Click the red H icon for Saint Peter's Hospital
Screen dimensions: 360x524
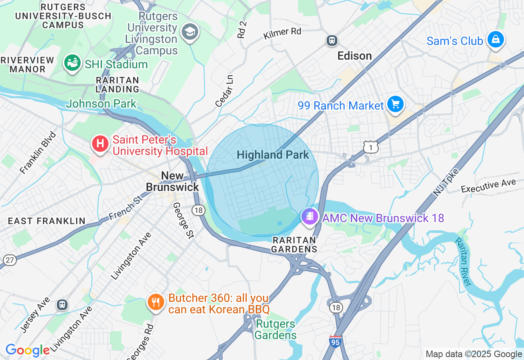[100, 144]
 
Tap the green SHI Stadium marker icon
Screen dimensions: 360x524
[72, 63]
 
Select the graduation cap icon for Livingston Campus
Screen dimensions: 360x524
[190, 32]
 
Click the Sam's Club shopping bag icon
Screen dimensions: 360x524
[495, 40]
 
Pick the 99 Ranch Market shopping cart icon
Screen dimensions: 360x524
[395, 104]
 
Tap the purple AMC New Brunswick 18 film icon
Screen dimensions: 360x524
[310, 216]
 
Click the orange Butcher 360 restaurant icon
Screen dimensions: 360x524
[156, 302]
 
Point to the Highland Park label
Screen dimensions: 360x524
[273, 155]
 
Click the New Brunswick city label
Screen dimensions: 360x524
[172, 181]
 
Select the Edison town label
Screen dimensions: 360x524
[355, 56]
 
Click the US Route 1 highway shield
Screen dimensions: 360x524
[370, 147]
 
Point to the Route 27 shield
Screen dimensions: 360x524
[9, 260]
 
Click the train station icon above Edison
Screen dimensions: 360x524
[331, 40]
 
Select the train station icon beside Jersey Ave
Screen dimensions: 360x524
[62, 304]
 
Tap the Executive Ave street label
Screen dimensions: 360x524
[488, 186]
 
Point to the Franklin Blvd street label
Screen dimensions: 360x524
[38, 153]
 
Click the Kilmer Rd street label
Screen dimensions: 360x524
[282, 34]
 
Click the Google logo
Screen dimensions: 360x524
[27, 351]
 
